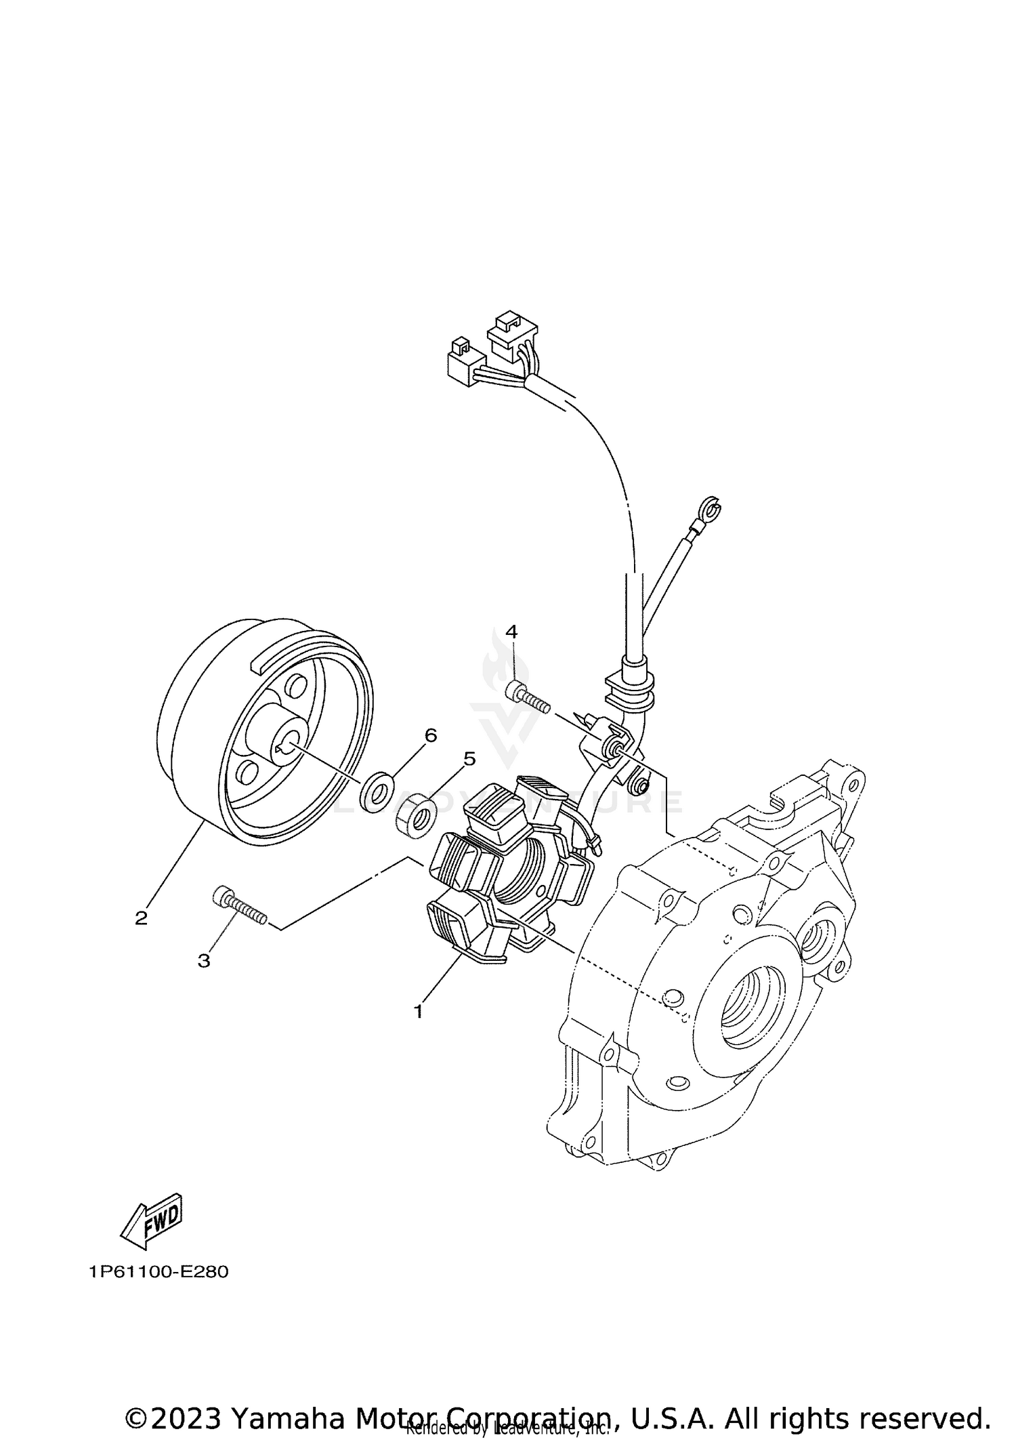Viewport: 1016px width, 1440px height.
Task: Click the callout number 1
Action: (419, 1031)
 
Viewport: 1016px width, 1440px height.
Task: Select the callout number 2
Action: (141, 919)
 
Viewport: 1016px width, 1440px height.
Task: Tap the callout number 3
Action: (204, 961)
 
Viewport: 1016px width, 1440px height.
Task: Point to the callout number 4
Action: (511, 632)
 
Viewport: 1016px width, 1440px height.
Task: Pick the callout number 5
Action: (469, 758)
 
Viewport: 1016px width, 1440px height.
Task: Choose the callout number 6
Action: (431, 735)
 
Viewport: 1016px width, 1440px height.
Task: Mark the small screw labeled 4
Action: (528, 697)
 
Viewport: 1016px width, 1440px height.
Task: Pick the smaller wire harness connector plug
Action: (465, 363)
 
